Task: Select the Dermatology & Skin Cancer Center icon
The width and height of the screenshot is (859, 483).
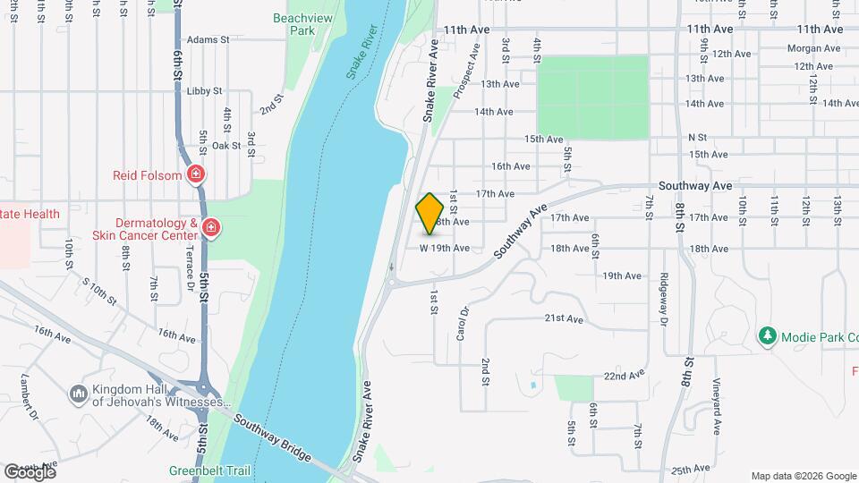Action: pyautogui.click(x=210, y=229)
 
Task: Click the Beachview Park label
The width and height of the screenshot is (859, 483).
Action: pyautogui.click(x=294, y=24)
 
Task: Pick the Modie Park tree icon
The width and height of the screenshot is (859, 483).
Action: pyautogui.click(x=767, y=336)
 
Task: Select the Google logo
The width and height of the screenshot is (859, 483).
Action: pyautogui.click(x=30, y=471)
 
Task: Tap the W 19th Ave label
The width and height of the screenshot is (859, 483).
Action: pyautogui.click(x=445, y=248)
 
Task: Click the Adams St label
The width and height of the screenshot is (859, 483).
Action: pyautogui.click(x=208, y=40)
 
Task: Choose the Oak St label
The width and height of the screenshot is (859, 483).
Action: pyautogui.click(x=226, y=145)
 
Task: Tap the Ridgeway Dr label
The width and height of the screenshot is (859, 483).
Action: pyautogui.click(x=664, y=298)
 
